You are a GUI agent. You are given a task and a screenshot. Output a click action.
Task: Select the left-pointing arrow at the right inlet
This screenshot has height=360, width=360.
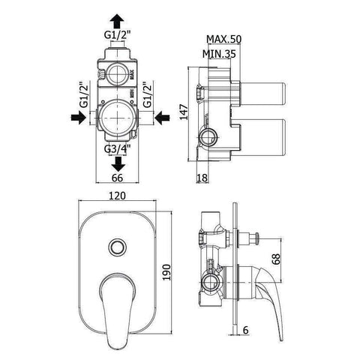coord(160,117)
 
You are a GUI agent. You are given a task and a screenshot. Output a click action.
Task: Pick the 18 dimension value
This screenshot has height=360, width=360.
coord(202,177)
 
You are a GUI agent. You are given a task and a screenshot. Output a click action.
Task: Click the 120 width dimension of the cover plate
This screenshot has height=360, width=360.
coord(117,197)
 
